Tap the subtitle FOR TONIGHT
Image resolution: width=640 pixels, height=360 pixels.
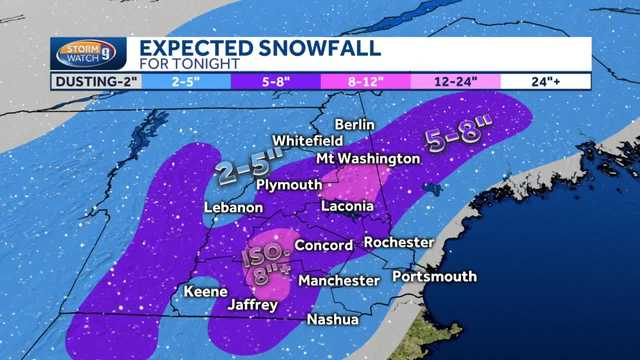(189, 64)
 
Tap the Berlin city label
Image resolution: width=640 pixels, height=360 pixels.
(354, 124)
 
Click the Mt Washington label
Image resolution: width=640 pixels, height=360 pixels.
(367, 159)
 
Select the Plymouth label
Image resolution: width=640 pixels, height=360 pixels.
(289, 185)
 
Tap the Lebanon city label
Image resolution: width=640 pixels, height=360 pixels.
(233, 208)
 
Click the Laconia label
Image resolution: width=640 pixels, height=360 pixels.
(347, 206)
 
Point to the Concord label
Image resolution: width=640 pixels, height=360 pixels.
(323, 245)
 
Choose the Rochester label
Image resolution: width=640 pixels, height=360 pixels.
(399, 243)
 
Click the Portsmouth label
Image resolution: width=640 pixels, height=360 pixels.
(434, 276)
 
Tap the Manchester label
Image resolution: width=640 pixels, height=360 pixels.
(339, 281)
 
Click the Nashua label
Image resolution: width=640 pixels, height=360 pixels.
(333, 320)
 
